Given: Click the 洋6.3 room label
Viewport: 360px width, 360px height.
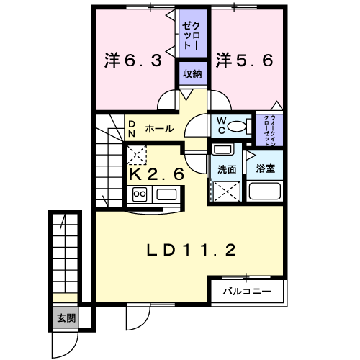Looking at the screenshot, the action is tap(133, 60).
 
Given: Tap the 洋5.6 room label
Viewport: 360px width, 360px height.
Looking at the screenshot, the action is tap(244, 60).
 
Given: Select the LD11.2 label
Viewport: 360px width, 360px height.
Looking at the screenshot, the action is tap(192, 250).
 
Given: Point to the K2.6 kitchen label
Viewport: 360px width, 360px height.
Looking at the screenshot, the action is tap(157, 174).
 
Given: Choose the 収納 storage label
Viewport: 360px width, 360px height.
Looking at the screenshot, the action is tap(192, 74).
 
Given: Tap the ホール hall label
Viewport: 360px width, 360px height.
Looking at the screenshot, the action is tap(159, 129).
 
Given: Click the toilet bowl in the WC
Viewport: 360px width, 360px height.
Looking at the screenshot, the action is tap(237, 126).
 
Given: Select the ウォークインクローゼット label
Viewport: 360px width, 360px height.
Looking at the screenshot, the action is tap(269, 130).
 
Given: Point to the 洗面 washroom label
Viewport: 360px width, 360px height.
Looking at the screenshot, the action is tap(227, 169).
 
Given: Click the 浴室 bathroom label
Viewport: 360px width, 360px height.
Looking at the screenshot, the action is tap(265, 168).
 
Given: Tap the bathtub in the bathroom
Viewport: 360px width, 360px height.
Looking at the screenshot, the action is tap(265, 192).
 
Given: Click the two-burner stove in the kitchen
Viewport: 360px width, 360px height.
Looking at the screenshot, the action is tap(140, 194).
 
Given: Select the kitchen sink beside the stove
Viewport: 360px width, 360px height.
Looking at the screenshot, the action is tap(166, 194).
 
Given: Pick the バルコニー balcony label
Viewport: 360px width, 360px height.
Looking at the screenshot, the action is tap(247, 292).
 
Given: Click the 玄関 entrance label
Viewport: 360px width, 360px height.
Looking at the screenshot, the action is tap(66, 318).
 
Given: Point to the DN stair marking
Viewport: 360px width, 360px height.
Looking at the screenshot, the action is tap(132, 129).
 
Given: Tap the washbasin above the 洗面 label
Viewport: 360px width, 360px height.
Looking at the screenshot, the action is tap(222, 150).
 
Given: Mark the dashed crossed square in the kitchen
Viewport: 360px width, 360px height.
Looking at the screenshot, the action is tap(136, 155).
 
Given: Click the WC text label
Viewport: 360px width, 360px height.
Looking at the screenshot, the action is tap(221, 126).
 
